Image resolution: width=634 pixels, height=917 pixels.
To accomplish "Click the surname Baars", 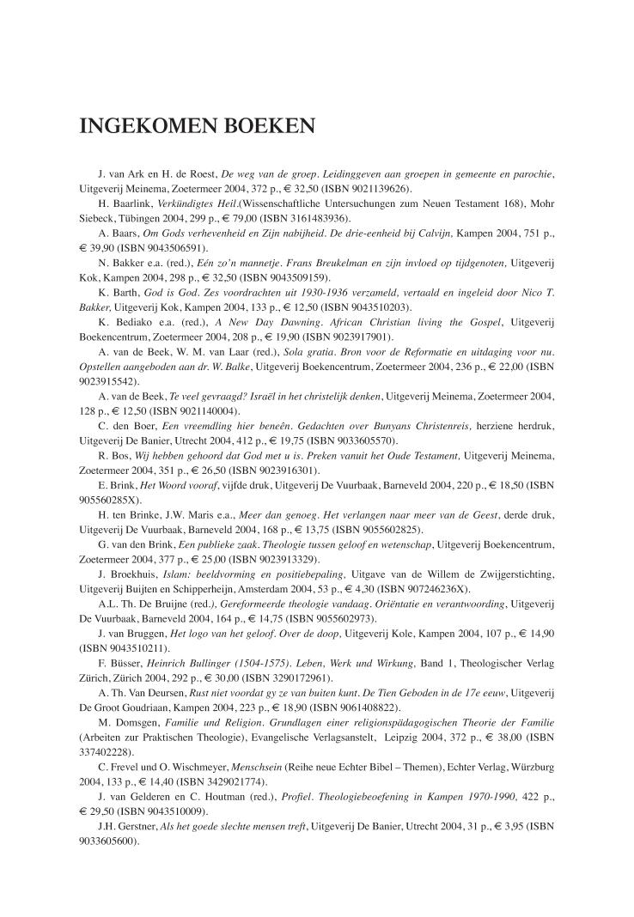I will coord(125,234).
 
